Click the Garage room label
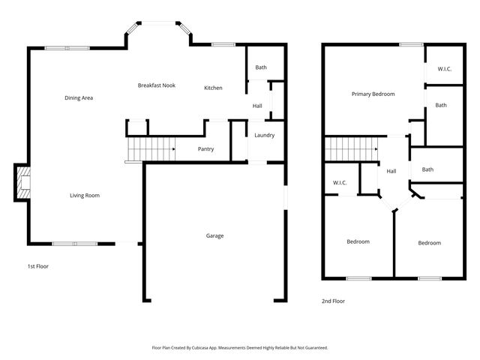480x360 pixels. click(x=214, y=236)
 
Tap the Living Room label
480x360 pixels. click(x=85, y=196)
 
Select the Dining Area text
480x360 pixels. click(x=78, y=97)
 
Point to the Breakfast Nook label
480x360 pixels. click(x=157, y=85)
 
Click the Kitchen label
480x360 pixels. click(x=213, y=88)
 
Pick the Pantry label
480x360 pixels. click(x=205, y=149)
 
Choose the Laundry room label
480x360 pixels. click(x=264, y=136)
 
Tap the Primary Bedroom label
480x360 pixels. click(x=373, y=94)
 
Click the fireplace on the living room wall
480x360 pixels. click(x=22, y=184)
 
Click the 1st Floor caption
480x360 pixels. click(x=37, y=266)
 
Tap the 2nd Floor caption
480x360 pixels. click(x=333, y=301)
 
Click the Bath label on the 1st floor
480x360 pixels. click(x=260, y=68)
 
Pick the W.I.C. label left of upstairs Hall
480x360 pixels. click(x=338, y=183)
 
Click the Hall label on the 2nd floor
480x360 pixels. click(x=391, y=172)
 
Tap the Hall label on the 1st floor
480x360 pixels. click(x=257, y=106)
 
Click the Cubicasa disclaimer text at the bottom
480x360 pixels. click(x=240, y=348)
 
